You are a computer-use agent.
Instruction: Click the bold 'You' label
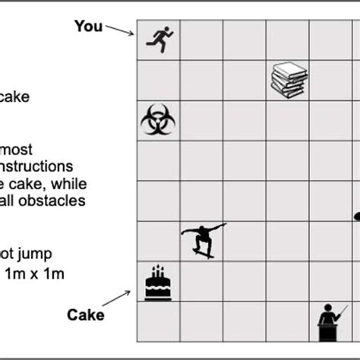(88, 26)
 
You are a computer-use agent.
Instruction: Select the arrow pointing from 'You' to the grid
(119, 30)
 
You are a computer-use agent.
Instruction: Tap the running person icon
(159, 39)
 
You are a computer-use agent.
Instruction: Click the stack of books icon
(289, 80)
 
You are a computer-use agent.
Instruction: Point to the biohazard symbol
(158, 120)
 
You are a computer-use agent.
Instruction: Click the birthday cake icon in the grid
(158, 283)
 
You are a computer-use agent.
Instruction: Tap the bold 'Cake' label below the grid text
(84, 314)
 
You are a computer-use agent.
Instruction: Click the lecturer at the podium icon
(332, 322)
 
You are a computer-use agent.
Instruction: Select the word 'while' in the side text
(69, 183)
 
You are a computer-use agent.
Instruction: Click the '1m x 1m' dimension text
(33, 273)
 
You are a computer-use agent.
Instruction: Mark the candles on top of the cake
(158, 271)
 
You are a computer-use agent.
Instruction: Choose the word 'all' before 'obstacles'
(14, 201)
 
